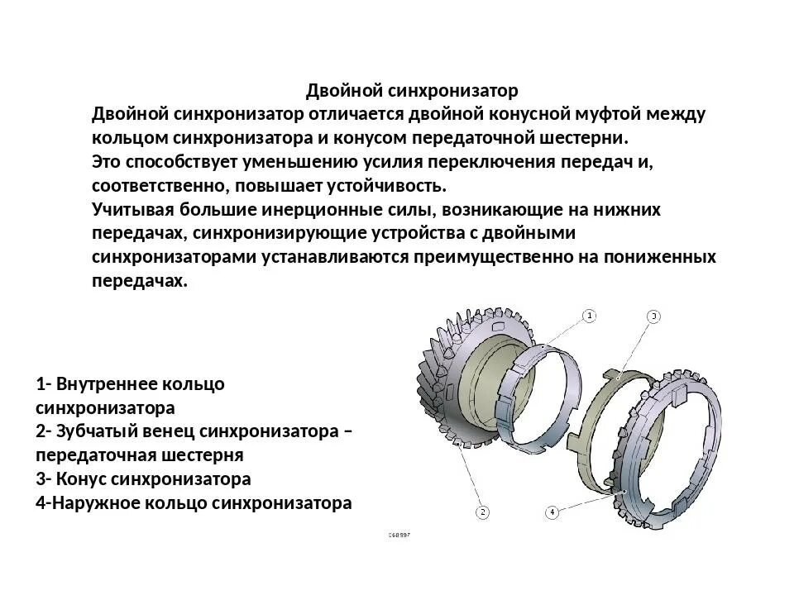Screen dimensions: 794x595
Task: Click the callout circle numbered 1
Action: (589, 316)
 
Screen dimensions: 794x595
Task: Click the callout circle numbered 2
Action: (482, 512)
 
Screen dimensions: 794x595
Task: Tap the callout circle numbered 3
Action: (653, 316)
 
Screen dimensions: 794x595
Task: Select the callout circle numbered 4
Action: (552, 512)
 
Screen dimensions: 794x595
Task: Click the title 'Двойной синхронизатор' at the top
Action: (412, 90)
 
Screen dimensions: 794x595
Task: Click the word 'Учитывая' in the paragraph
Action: (130, 210)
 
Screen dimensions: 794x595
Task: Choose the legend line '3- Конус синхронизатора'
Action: (143, 479)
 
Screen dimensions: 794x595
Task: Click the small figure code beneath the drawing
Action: (399, 535)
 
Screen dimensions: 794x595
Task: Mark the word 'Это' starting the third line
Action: (107, 162)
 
